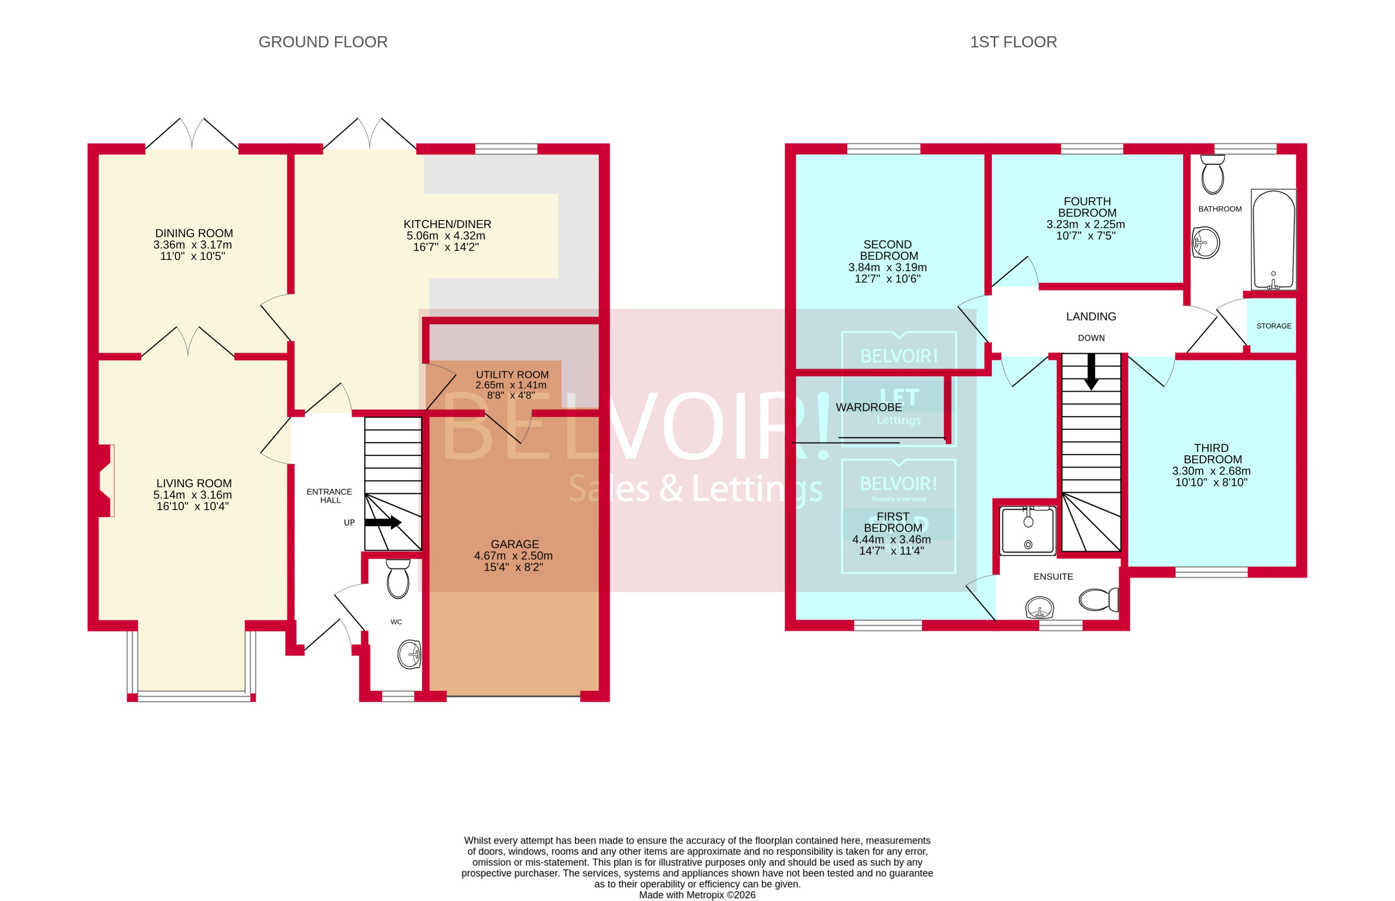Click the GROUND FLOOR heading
pos(323,42)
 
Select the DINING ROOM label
pos(194,233)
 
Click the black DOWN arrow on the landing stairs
pos(1091,371)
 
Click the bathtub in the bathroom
pos(1273,240)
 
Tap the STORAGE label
pos(1273,326)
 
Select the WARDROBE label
pos(868,407)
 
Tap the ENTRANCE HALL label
pos(330,496)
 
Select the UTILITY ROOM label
pos(512,375)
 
